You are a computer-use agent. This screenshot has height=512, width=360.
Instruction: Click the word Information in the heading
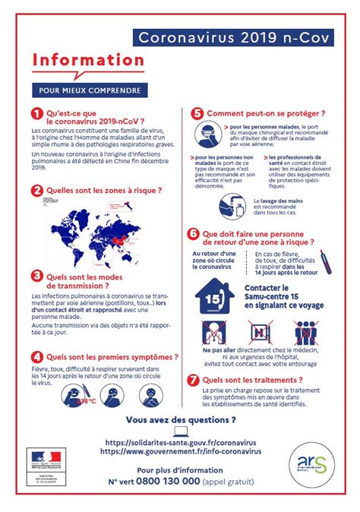[x=87, y=60]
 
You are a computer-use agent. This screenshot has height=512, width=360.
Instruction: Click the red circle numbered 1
[x=36, y=115]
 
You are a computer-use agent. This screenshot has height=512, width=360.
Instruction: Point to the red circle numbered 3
[x=36, y=277]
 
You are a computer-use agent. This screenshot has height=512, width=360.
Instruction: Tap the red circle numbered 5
[x=196, y=114]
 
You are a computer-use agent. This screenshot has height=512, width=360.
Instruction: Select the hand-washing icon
[x=231, y=204]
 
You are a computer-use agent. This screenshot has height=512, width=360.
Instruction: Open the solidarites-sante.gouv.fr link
[x=180, y=442]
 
